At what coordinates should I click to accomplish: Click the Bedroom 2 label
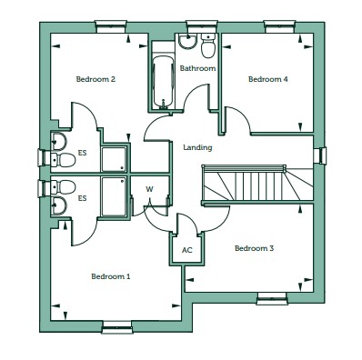[96, 79]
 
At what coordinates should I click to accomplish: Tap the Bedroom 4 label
[268, 79]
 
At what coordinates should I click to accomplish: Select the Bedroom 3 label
[254, 248]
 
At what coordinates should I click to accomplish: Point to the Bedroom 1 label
[111, 276]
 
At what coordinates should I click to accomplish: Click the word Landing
[197, 148]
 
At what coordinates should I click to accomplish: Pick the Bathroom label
[197, 68]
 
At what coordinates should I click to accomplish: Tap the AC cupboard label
[187, 251]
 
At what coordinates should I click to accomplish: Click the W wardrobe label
[149, 189]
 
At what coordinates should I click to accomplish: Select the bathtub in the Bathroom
[163, 82]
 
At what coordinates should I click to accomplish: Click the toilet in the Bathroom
[208, 45]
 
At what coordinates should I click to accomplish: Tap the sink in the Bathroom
[187, 41]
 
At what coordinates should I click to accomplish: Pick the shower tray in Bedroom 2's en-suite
[114, 159]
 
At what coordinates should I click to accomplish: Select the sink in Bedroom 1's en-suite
[59, 205]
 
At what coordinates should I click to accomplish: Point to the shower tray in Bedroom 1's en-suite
[114, 196]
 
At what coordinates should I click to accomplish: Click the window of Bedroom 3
[272, 298]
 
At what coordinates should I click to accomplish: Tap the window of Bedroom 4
[279, 26]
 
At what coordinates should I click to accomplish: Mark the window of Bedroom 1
[117, 327]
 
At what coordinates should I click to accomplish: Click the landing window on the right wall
[320, 155]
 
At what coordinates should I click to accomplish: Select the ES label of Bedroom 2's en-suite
[82, 153]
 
